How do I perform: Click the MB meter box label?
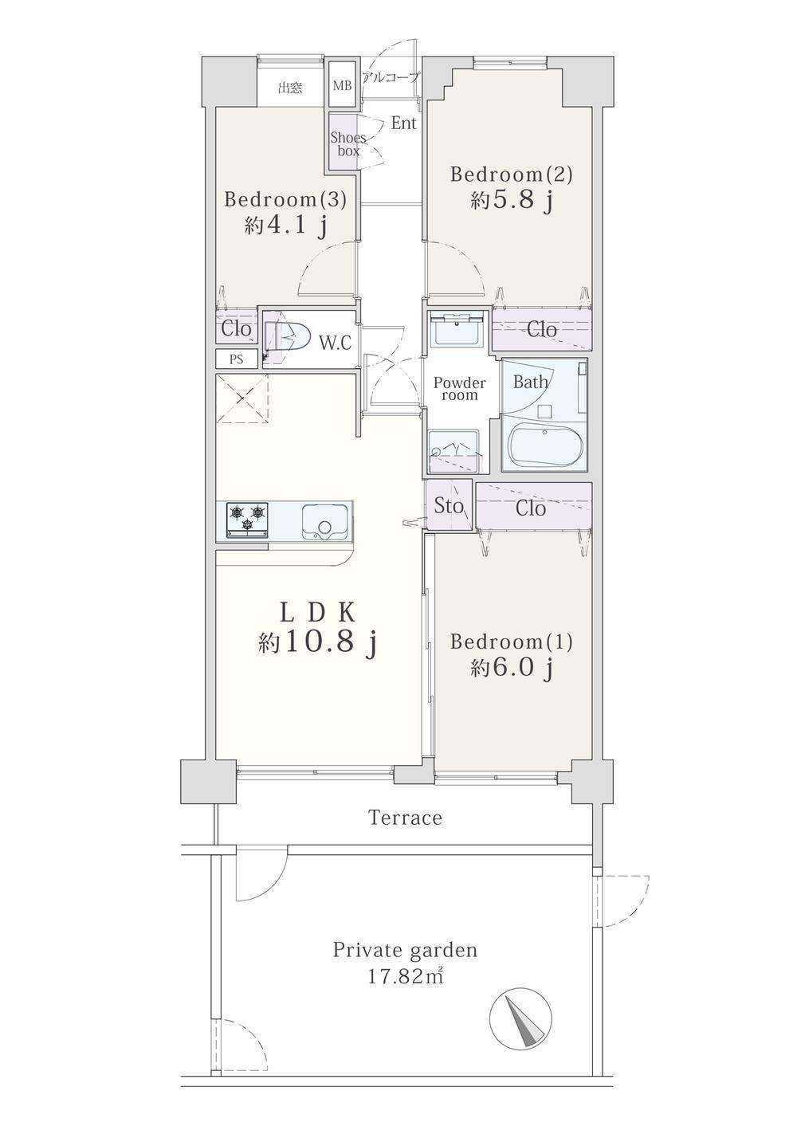[342, 85]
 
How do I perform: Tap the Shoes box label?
[348, 143]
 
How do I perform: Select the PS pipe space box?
[237, 359]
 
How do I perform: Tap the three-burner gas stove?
[247, 520]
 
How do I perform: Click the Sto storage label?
[449, 506]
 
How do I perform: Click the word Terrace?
[406, 818]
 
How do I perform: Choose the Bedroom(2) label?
[512, 175]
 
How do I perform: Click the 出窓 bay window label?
[291, 88]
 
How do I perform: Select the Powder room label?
[460, 389]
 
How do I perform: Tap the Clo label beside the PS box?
[237, 329]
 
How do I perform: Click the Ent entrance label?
[404, 124]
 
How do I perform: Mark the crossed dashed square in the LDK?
[242, 398]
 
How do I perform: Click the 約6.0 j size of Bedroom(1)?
[512, 668]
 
